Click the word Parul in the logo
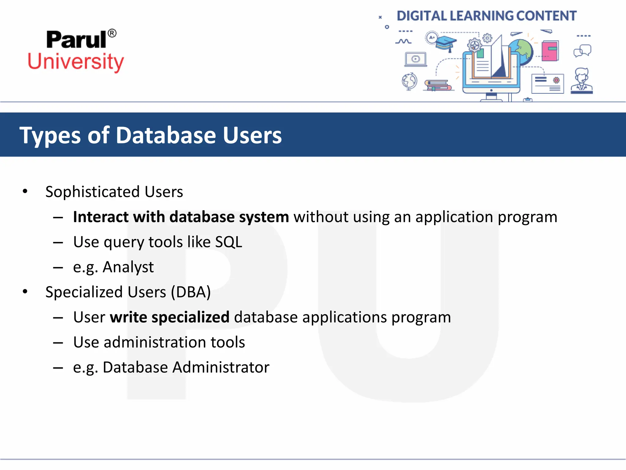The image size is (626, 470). pyautogui.click(x=76, y=40)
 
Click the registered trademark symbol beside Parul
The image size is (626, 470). pyautogui.click(x=112, y=33)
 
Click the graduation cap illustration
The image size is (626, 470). pyautogui.click(x=446, y=43)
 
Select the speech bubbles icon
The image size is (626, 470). pyautogui.click(x=582, y=51)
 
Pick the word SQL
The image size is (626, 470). pyautogui.click(x=228, y=242)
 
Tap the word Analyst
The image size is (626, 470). pyautogui.click(x=128, y=267)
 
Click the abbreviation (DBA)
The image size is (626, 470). pyautogui.click(x=191, y=292)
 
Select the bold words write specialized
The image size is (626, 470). pyautogui.click(x=170, y=317)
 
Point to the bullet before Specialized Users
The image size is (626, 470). pyautogui.click(x=25, y=292)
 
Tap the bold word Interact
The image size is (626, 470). pyautogui.click(x=101, y=217)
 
